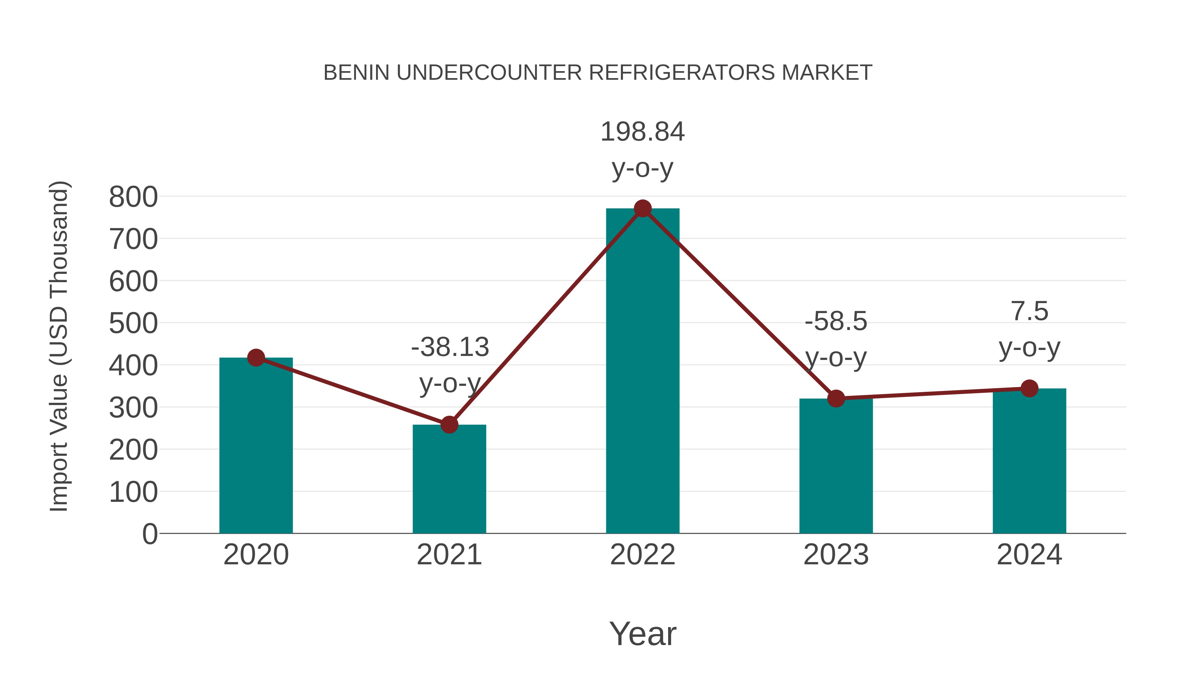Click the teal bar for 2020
click(x=256, y=446)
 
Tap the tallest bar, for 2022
click(x=643, y=372)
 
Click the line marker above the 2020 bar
click(x=256, y=358)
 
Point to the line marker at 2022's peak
click(x=643, y=208)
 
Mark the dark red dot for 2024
click(x=1029, y=388)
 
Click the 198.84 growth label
click(x=643, y=132)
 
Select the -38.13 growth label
click(x=450, y=347)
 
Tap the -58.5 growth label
click(x=836, y=321)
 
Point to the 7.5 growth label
click(x=1029, y=311)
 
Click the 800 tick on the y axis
click(x=133, y=197)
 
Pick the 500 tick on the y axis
click(x=133, y=324)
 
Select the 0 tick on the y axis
click(x=150, y=534)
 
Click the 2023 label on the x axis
click(x=836, y=555)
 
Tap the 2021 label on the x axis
click(x=449, y=555)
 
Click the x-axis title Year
click(x=643, y=634)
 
